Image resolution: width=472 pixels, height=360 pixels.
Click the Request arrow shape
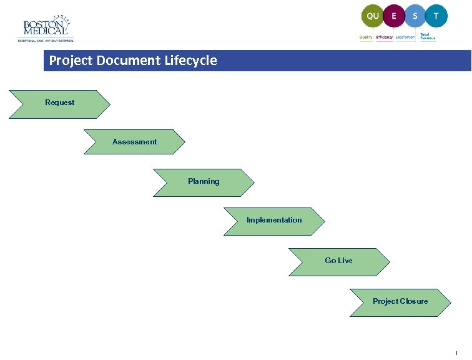pos(59,103)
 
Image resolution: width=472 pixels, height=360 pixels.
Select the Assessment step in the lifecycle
pos(134,142)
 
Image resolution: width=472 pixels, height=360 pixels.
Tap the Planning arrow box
pos(204,182)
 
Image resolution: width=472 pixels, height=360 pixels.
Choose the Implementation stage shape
pos(274,221)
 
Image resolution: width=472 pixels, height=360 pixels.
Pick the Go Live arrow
pos(338,261)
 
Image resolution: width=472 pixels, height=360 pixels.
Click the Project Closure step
pos(400,302)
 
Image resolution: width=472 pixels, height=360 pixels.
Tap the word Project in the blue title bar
pos(70,61)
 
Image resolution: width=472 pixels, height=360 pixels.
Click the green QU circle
pos(373,16)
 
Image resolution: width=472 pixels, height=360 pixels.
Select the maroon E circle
pos(393,16)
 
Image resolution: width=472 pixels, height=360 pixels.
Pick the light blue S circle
pos(415,16)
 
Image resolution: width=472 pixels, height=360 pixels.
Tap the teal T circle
pos(436,16)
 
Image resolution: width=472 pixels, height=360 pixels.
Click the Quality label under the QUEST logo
pos(366,37)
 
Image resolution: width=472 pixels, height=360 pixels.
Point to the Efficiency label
pos(385,37)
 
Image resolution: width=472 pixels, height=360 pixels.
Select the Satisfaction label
pos(405,37)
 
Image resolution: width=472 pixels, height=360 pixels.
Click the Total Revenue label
pos(428,37)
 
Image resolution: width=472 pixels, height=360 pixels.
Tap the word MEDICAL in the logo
pos(45,31)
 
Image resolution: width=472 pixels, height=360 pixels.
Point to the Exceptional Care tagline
pos(46,41)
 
